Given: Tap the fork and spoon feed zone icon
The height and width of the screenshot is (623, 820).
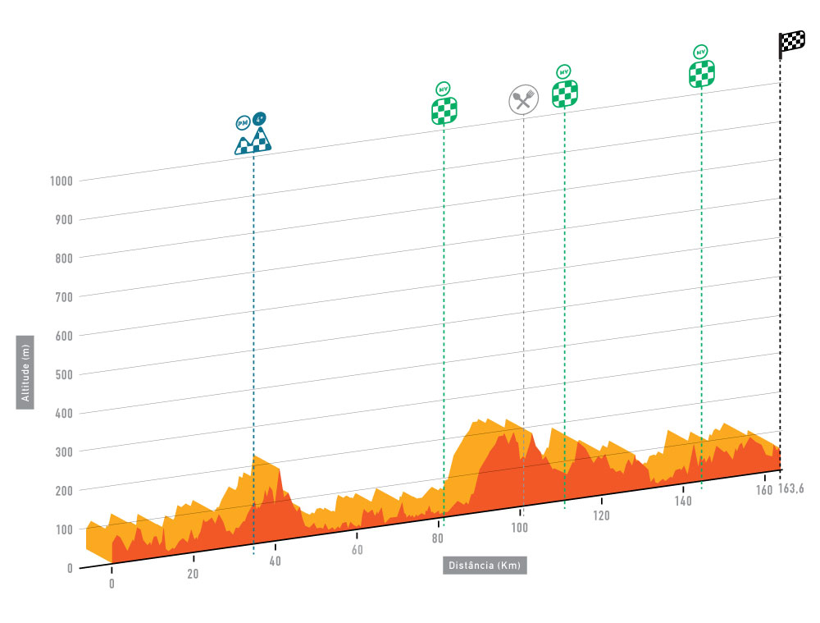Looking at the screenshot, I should (523, 100).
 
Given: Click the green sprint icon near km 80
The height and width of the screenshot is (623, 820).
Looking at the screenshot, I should (444, 110).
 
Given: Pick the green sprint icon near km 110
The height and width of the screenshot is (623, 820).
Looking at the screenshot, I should (564, 93).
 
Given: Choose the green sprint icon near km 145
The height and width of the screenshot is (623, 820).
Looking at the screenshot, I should (701, 73).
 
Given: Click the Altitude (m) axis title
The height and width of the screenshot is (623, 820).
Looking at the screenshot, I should (25, 373).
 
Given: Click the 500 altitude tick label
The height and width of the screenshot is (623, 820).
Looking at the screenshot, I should (64, 374).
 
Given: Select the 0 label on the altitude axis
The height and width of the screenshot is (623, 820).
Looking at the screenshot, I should (70, 568).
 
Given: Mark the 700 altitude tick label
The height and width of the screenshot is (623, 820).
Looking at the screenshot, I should (64, 297).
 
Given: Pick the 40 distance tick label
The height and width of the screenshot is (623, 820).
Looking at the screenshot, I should (276, 561).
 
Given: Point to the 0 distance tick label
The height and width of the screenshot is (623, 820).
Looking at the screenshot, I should (112, 584).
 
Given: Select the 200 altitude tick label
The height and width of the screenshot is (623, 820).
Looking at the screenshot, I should (64, 491).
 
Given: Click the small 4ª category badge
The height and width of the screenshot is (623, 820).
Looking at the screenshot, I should (260, 119).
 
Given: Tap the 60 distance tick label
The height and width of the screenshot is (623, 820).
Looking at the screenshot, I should (357, 550).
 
